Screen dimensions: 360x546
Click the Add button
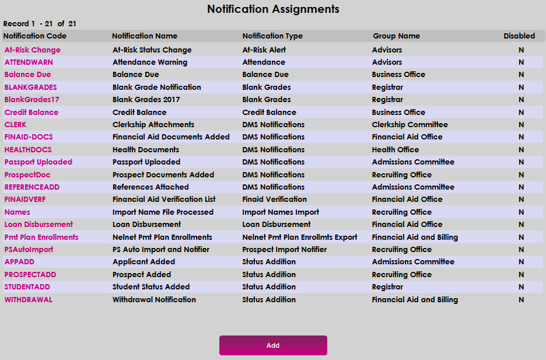click(x=273, y=345)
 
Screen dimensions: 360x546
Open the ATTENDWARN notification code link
click(x=29, y=62)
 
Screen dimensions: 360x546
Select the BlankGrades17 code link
click(x=32, y=100)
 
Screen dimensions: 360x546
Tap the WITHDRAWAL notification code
click(x=29, y=300)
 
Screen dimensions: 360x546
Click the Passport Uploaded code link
click(x=38, y=162)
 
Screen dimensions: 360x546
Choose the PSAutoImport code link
click(x=29, y=250)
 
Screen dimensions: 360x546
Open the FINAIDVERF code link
click(x=25, y=200)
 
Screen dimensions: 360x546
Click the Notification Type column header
click(x=272, y=36)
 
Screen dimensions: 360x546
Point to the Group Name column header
click(x=396, y=36)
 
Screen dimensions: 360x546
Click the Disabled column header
click(x=519, y=36)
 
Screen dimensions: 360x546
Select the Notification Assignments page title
click(x=273, y=9)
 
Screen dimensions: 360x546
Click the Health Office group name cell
click(x=395, y=150)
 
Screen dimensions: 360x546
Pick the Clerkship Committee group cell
click(x=410, y=125)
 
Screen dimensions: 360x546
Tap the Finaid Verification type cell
click(x=274, y=200)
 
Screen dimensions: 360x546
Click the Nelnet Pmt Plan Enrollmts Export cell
click(x=300, y=237)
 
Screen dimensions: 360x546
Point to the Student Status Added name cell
click(x=151, y=287)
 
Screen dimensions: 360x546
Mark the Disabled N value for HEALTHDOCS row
click(x=521, y=150)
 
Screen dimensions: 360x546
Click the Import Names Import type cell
click(x=281, y=212)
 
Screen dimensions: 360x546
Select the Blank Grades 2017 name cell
click(x=146, y=100)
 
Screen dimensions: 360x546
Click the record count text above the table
click(x=40, y=24)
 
